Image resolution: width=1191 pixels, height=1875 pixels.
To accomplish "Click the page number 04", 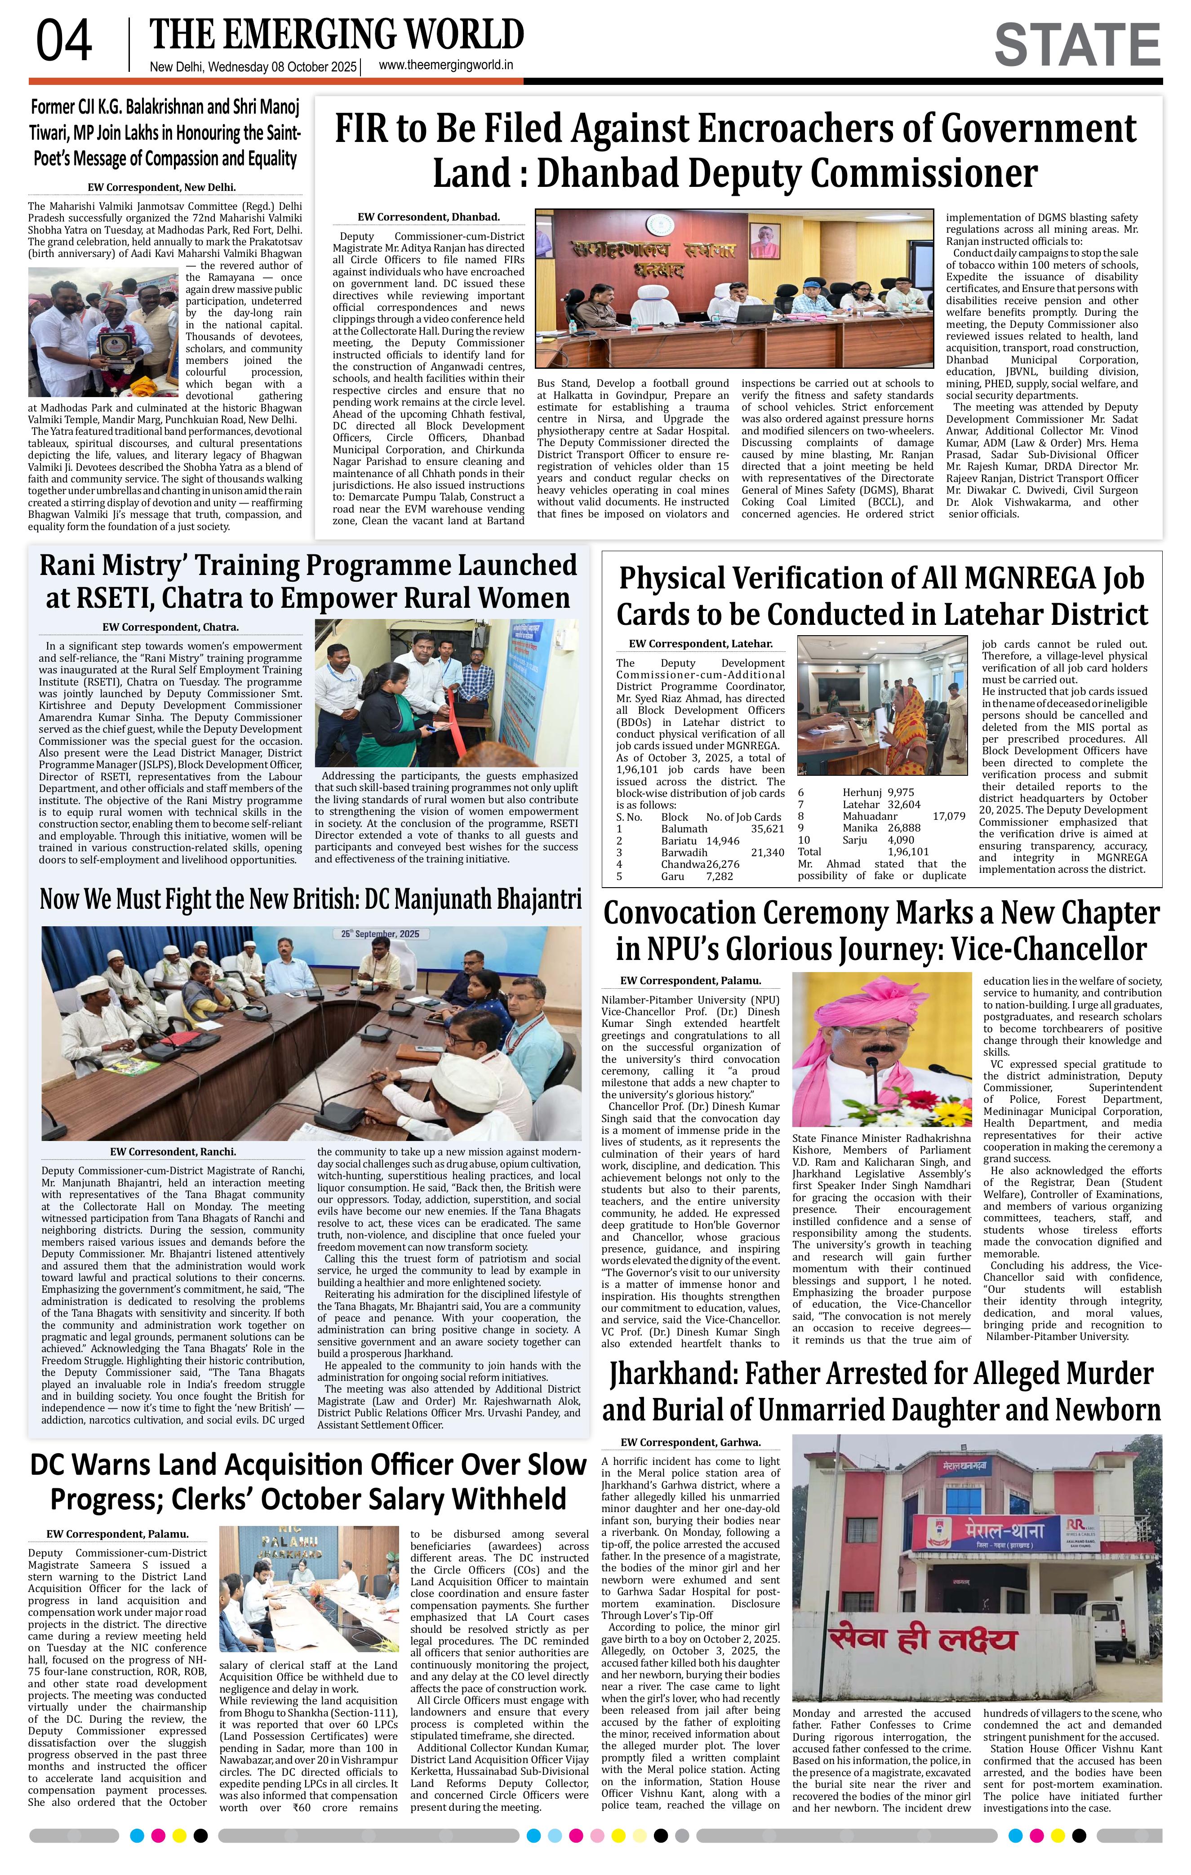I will (64, 42).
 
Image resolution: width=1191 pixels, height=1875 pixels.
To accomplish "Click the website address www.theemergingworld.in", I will (445, 66).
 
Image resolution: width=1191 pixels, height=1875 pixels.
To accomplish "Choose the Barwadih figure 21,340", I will (767, 853).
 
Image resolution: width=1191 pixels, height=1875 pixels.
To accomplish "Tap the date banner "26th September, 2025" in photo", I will (376, 933).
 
